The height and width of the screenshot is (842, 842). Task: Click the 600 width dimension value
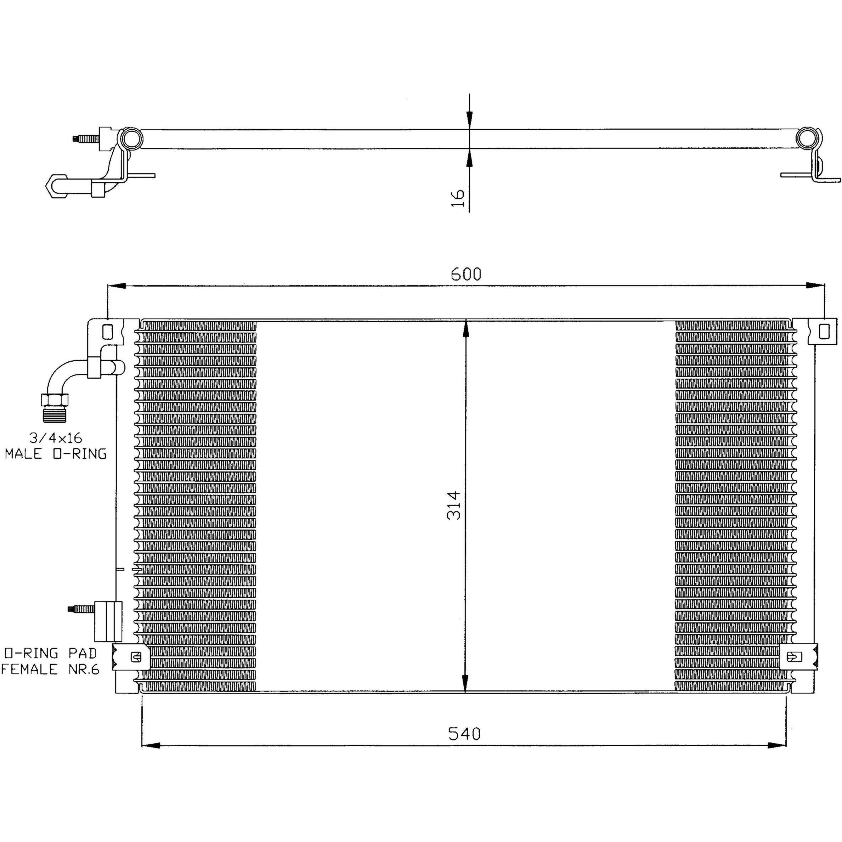tap(466, 274)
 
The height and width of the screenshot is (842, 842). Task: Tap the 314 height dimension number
tap(454, 505)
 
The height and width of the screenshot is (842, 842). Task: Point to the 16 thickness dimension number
tap(458, 198)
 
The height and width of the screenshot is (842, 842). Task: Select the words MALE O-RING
tap(56, 454)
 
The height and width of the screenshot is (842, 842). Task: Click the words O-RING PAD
tap(50, 653)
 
